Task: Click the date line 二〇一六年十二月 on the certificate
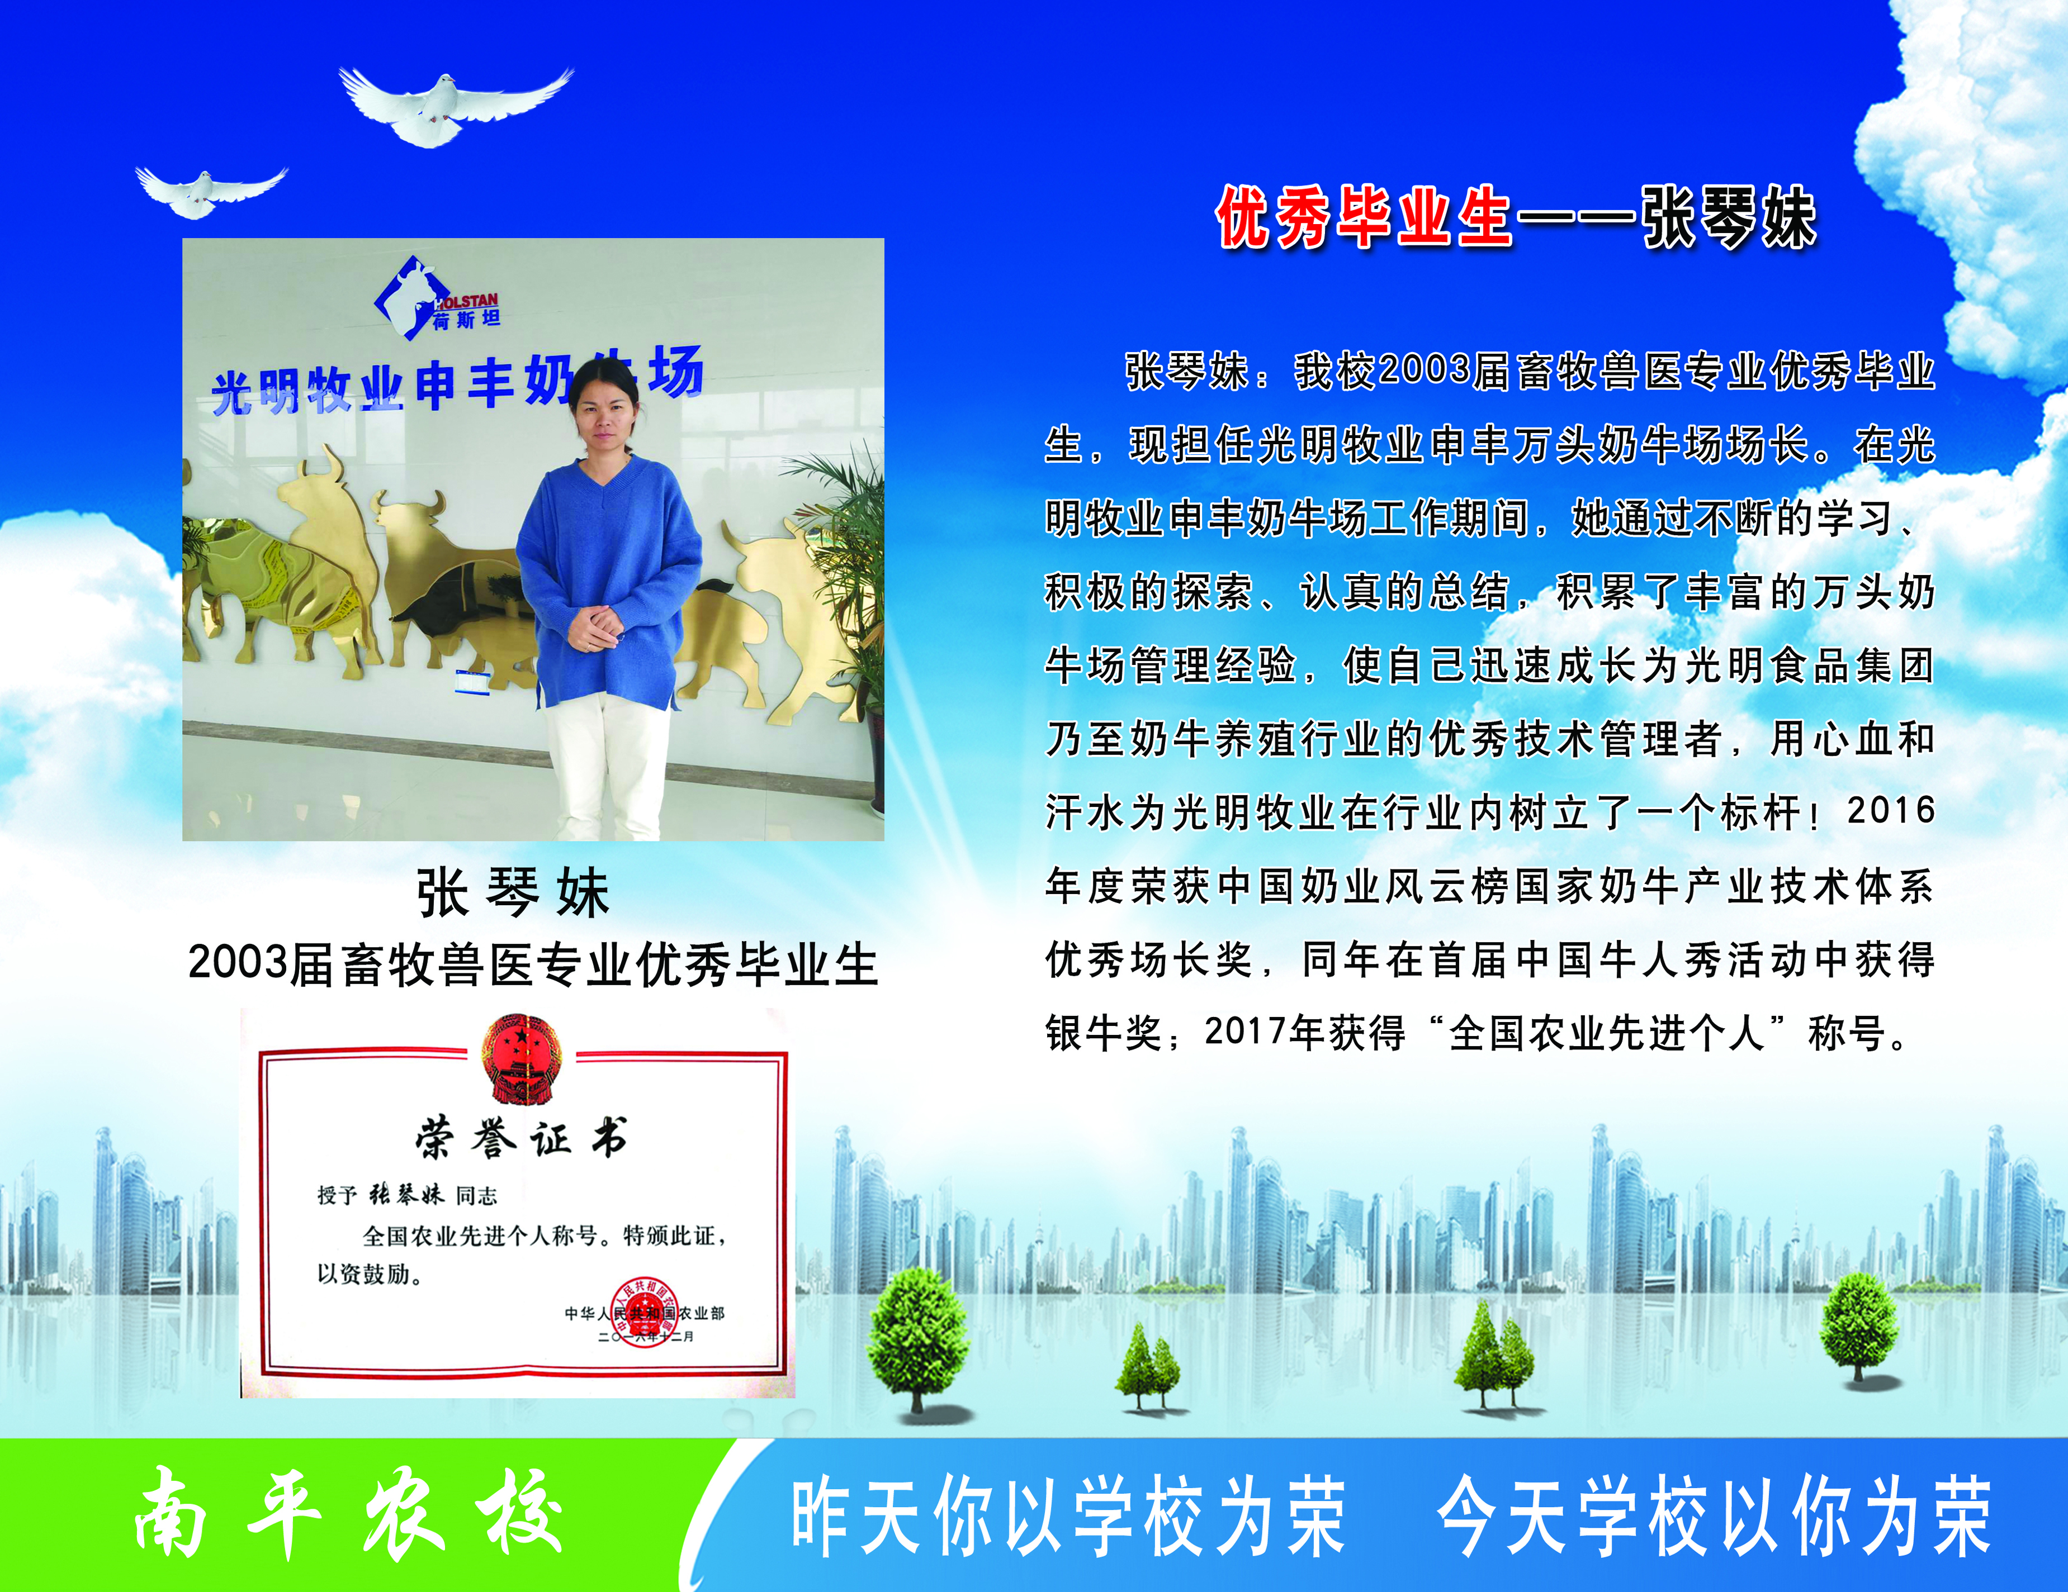coord(646,1337)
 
